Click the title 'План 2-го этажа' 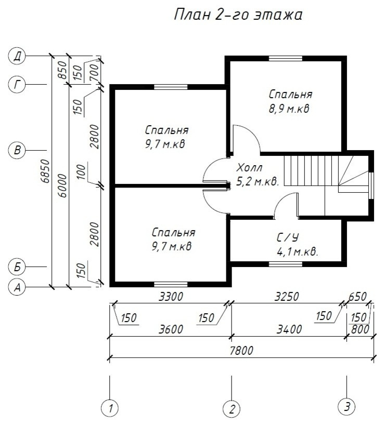coord(238,15)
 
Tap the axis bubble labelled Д coord(17,57)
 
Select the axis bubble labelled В coord(17,150)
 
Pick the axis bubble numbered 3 coord(346,407)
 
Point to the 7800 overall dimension coord(241,351)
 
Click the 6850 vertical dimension coord(46,171)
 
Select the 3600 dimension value coord(171,329)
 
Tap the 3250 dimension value coord(287,297)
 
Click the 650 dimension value coord(357,297)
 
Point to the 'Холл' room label coord(250,168)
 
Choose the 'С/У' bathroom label coord(288,238)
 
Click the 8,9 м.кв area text coord(289,109)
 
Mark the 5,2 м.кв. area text coord(258,182)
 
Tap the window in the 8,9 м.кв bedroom coord(286,58)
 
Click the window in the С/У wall coord(286,264)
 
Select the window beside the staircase coord(371,185)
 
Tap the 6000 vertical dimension coord(62,186)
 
